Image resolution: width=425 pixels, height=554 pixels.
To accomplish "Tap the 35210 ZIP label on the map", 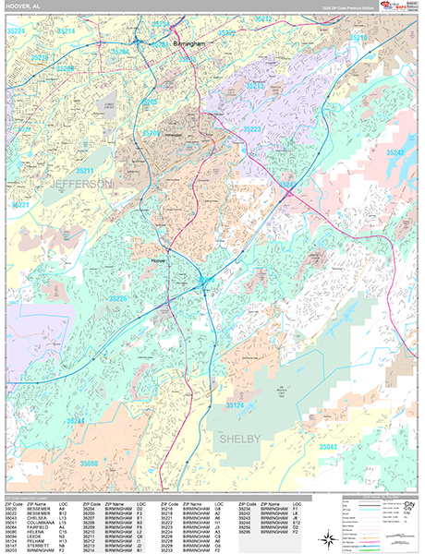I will (x=358, y=37).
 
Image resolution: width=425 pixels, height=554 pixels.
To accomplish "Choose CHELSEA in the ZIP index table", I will (x=35, y=517).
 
